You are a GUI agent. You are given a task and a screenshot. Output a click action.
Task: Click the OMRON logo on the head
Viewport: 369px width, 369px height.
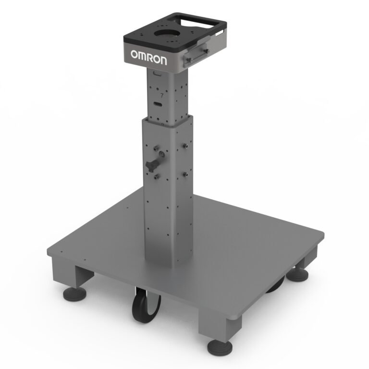point(149,57)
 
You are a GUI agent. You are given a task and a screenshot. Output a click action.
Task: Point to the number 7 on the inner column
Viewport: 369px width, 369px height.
point(161,95)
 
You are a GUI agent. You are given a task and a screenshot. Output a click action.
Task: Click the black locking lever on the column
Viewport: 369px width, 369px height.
point(152,165)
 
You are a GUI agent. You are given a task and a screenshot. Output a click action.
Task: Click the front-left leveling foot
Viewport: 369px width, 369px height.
point(75,294)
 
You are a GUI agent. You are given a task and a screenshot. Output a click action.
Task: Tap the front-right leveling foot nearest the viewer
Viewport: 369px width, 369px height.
point(220,348)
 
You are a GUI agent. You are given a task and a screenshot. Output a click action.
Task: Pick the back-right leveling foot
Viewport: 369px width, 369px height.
point(297,274)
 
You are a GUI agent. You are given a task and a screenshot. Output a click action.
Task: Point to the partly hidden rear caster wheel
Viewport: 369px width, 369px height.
point(276,285)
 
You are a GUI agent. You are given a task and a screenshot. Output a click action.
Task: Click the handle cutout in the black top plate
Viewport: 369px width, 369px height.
point(197,23)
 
